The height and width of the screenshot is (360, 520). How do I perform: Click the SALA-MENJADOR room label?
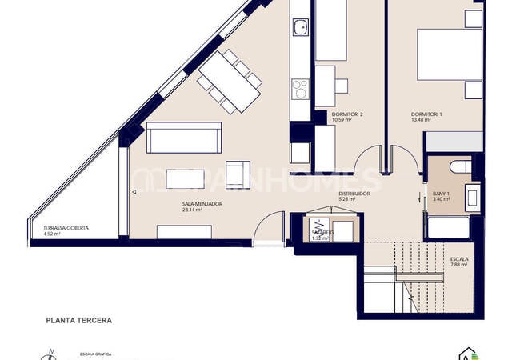point(202,204)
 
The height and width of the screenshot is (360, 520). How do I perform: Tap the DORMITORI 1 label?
point(426,114)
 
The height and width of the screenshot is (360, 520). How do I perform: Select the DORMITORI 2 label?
point(347,114)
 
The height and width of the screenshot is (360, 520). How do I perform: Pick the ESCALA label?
point(460,259)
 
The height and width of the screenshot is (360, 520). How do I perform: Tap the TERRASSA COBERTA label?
point(66,228)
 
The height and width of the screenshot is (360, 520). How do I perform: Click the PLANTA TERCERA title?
point(78,320)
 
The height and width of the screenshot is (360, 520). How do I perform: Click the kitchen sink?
point(300,29)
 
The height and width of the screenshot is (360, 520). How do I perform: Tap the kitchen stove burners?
point(300,86)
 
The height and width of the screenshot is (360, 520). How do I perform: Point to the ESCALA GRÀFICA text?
point(94,352)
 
